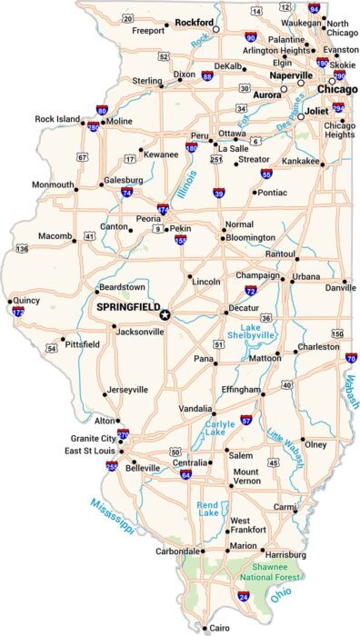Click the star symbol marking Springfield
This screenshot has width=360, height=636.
click(165, 314)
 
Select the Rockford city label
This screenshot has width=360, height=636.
click(195, 21)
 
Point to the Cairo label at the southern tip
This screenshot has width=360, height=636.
click(219, 628)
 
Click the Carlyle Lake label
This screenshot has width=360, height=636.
click(215, 427)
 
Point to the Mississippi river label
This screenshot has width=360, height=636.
click(113, 515)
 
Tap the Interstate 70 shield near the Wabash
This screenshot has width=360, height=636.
click(351, 358)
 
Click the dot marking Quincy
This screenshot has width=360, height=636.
click(10, 301)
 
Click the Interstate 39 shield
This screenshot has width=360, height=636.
click(219, 193)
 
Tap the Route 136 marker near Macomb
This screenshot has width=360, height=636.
click(22, 248)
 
